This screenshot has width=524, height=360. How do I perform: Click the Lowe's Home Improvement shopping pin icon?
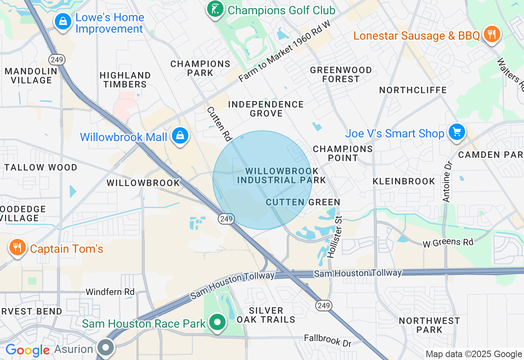[63, 21]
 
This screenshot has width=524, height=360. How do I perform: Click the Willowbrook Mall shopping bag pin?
[180, 136]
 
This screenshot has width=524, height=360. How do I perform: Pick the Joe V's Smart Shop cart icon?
[456, 133]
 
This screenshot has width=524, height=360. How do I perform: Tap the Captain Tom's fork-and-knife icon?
[17, 248]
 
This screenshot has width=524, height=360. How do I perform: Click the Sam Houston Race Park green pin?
[218, 323]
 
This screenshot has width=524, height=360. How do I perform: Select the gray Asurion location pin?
[106, 348]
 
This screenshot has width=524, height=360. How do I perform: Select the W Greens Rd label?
[448, 243]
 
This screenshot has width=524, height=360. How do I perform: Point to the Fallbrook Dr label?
[327, 340]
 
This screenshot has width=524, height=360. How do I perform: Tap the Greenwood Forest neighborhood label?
[341, 74]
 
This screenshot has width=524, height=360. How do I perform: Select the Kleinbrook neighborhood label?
[404, 181]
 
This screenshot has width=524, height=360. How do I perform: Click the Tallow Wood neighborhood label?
[41, 167]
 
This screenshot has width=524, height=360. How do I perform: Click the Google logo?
[27, 350]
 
